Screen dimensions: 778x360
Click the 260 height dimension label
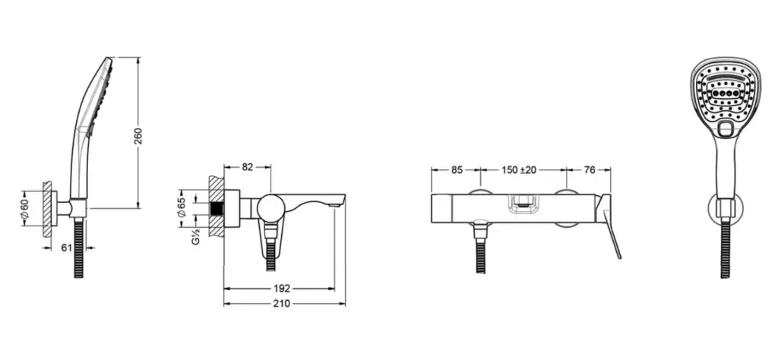coord(138,137)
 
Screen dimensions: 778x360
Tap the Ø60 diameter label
coord(25,207)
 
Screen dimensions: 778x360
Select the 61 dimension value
coord(67,248)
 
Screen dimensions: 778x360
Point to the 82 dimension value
coord(247,167)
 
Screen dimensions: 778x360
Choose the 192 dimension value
coord(282,289)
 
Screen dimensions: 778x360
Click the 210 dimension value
coord(282,304)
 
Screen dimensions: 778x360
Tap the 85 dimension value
coord(457,170)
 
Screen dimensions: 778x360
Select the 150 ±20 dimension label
coord(518,170)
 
